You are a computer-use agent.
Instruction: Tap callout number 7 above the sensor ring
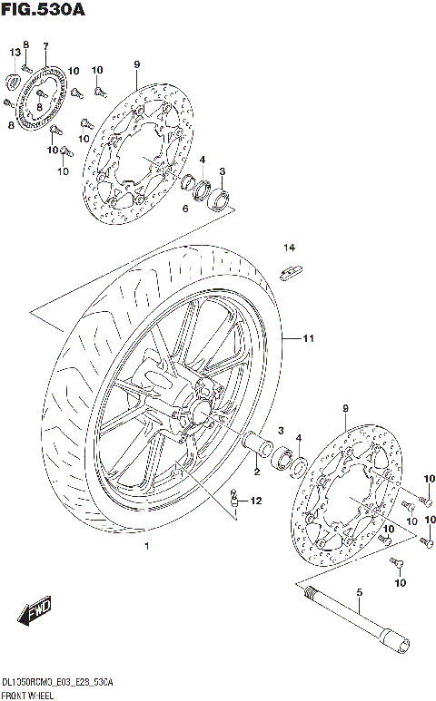tap(45, 46)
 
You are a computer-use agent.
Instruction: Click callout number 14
tap(289, 248)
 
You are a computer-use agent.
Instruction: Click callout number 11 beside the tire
tap(308, 339)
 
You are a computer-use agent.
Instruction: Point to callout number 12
tap(256, 501)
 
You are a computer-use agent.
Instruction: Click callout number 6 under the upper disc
tap(184, 209)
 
